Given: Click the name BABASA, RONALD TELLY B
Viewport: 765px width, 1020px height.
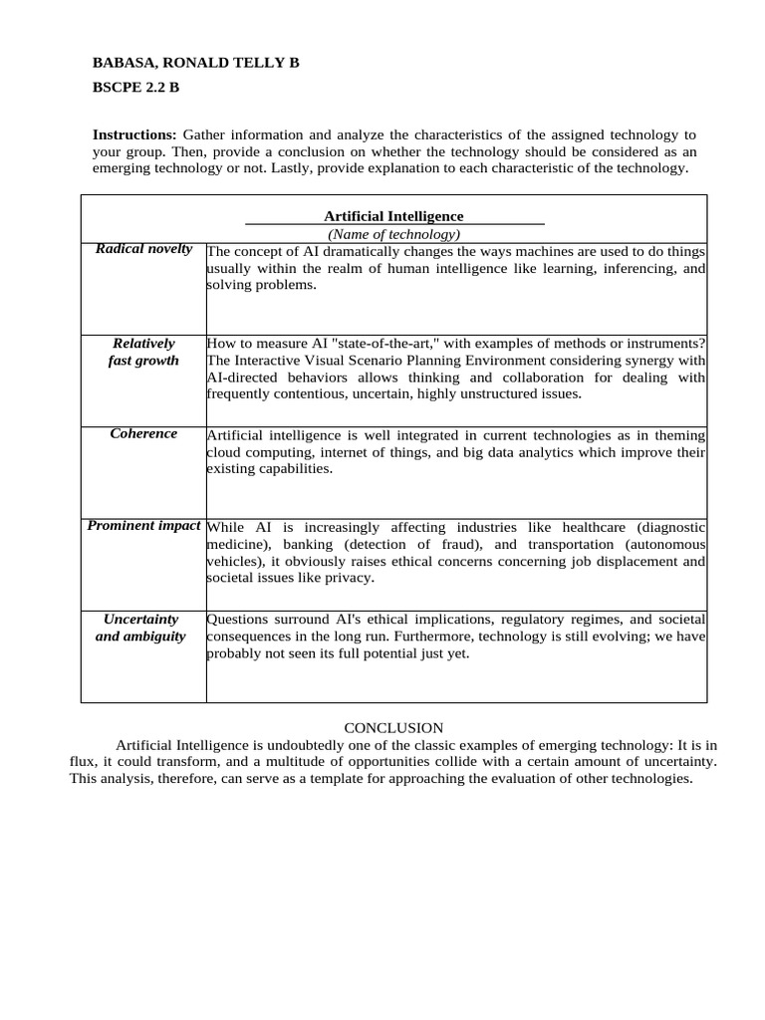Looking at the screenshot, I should pyautogui.click(x=195, y=63).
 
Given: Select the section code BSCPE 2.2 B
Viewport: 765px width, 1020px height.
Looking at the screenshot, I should pyautogui.click(x=135, y=88).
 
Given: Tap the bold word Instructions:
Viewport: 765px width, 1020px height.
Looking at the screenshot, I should pyautogui.click(x=134, y=134).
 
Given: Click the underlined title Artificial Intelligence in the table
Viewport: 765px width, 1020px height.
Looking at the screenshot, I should pyautogui.click(x=393, y=216).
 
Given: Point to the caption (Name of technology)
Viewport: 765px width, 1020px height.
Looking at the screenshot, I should pyautogui.click(x=393, y=234).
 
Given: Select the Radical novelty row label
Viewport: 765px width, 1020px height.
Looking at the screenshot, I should pyautogui.click(x=143, y=249).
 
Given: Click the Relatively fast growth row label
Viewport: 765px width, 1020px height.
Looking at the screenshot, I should pyautogui.click(x=143, y=352).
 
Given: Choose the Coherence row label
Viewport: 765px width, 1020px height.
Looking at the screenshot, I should pyautogui.click(x=143, y=434).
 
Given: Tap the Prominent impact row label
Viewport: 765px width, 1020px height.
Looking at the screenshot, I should pyautogui.click(x=143, y=526).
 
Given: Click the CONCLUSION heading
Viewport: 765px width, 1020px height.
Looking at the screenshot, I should pyautogui.click(x=393, y=728).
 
